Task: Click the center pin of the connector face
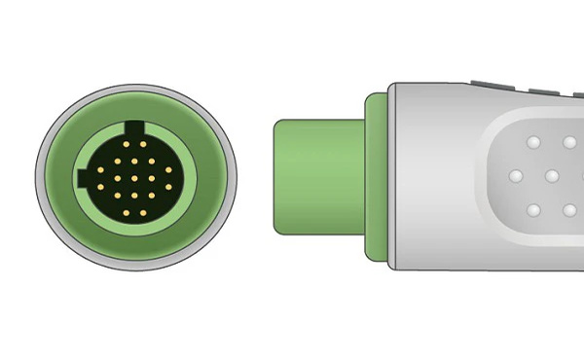tap(134, 178)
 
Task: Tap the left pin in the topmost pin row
tap(127, 144)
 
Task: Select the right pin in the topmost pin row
tap(143, 144)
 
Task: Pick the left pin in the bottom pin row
tap(127, 213)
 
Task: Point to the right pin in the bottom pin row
tap(143, 213)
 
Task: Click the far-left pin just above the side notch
tap(100, 169)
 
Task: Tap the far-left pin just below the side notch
tap(100, 187)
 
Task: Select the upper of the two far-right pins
tap(168, 169)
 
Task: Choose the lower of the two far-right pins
tap(168, 187)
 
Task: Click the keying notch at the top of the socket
tap(134, 127)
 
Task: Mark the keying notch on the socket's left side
tap(84, 178)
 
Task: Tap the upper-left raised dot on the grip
tap(533, 142)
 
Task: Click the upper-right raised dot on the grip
tap(569, 142)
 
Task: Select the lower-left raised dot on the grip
tap(533, 210)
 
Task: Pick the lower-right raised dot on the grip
tap(569, 210)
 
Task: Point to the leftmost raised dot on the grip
tap(516, 176)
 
